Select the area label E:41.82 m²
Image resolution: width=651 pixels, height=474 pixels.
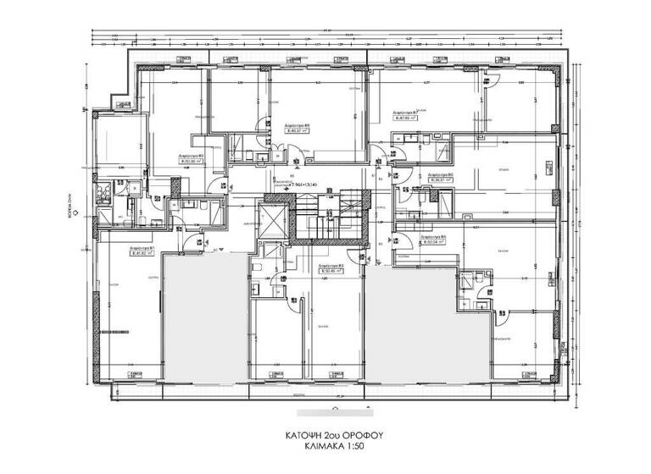pos(142,251)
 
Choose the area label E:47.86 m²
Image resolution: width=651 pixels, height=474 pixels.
pos(408,118)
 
